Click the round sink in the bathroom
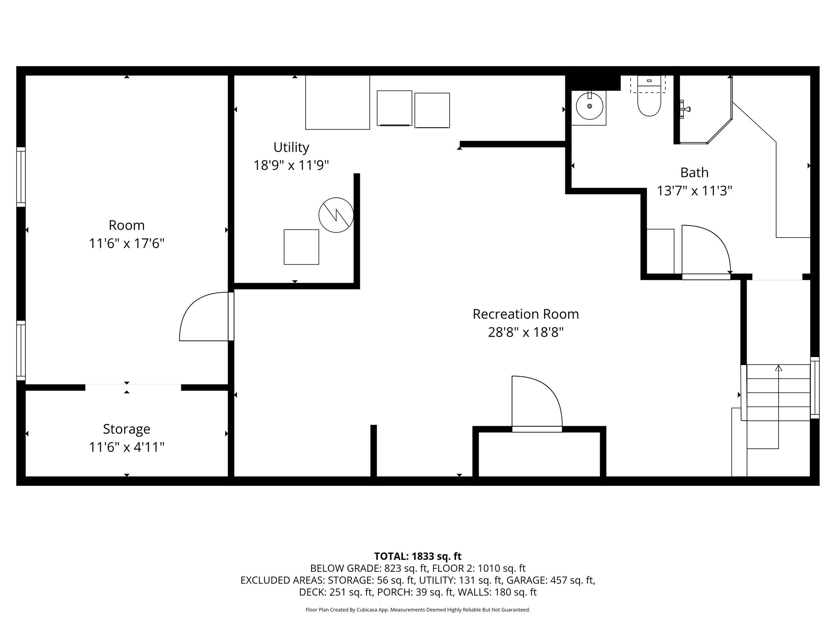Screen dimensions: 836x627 tap(589, 106)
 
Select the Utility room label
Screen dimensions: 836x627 tap(291, 147)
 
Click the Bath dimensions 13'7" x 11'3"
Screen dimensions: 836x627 tap(694, 191)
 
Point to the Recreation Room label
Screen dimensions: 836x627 tap(526, 314)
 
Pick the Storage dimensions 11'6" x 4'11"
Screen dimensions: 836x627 tap(127, 447)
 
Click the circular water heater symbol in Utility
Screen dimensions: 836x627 tap(336, 215)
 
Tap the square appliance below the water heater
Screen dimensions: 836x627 tap(301, 247)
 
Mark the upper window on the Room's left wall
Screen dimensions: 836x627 tap(21, 177)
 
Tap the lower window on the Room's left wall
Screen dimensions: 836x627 tap(21, 350)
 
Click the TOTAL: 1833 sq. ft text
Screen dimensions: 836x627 tap(418, 556)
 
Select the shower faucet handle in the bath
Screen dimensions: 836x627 tap(685, 109)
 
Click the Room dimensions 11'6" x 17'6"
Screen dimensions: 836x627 tap(127, 244)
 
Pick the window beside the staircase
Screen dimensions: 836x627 tap(815, 388)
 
